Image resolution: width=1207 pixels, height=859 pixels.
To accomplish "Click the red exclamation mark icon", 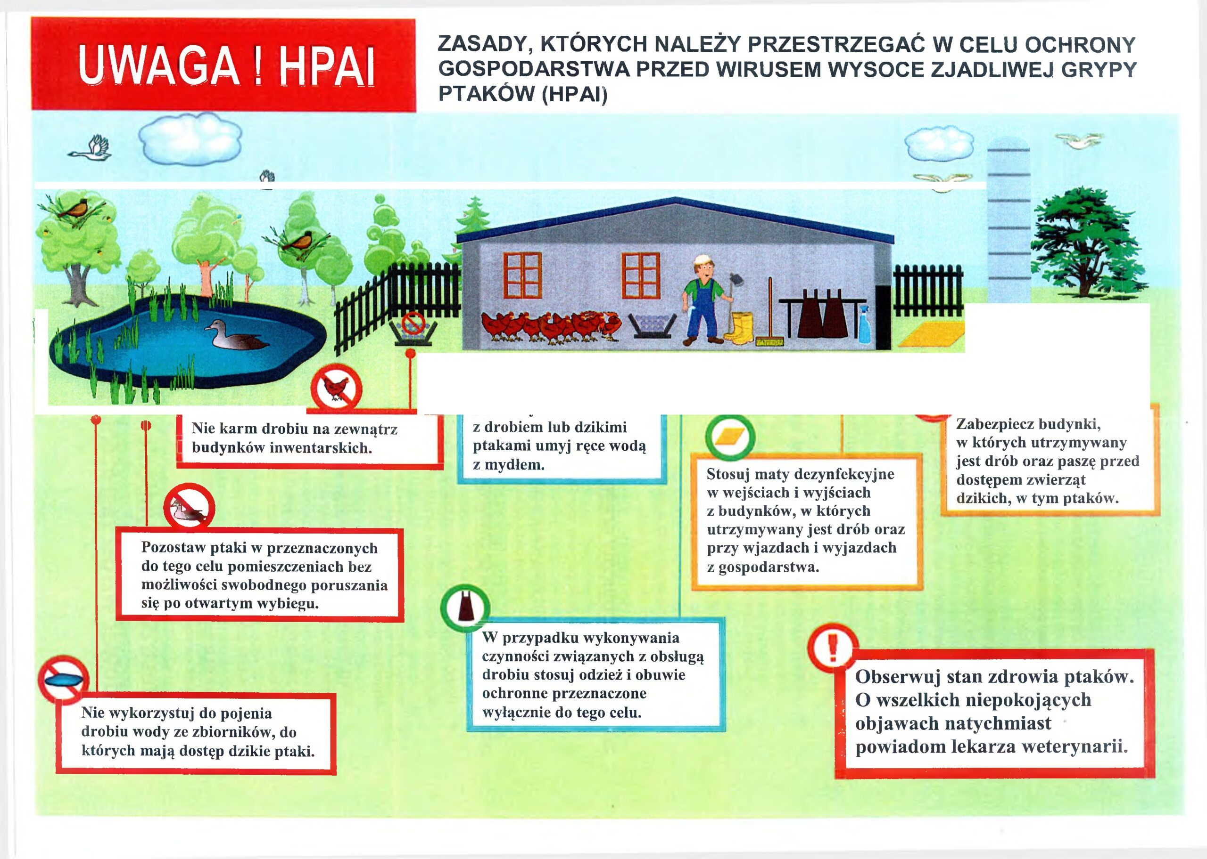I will tap(832, 647).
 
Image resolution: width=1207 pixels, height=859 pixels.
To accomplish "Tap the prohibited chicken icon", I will tap(336, 388).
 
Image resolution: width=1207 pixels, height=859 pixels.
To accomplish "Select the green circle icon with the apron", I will tap(465, 608).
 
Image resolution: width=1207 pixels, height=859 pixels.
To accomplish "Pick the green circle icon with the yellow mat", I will tap(730, 438).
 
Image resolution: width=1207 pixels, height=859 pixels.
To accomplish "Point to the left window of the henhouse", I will tap(522, 276).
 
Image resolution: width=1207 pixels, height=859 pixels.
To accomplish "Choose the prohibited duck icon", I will tap(189, 507).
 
